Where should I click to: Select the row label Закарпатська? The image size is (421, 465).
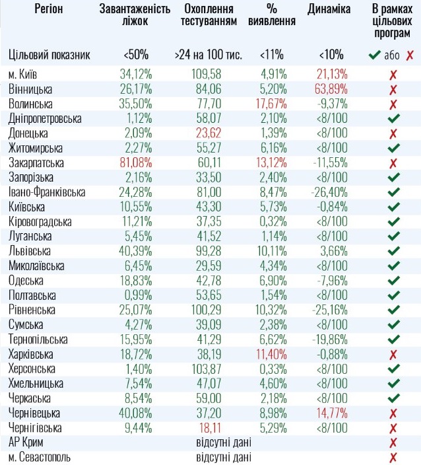click(x=36, y=162)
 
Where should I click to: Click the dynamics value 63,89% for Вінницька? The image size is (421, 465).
click(x=328, y=89)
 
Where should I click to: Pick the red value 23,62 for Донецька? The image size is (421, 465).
click(x=207, y=133)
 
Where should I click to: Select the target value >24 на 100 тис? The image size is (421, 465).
click(x=208, y=55)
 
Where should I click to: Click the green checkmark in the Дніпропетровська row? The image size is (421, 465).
click(x=394, y=119)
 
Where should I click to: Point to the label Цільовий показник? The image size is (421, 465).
click(x=49, y=55)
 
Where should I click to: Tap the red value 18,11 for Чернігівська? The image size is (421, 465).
click(x=207, y=427)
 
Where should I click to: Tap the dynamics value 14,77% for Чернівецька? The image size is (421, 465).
click(x=328, y=413)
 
